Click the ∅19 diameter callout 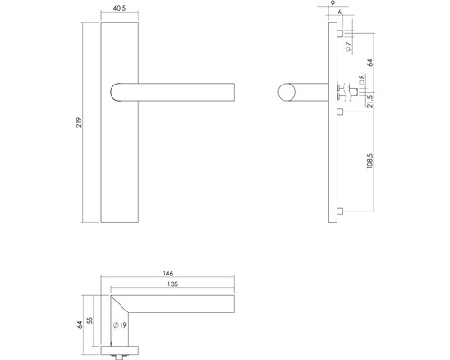click(x=117, y=327)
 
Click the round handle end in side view click(x=285, y=93)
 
